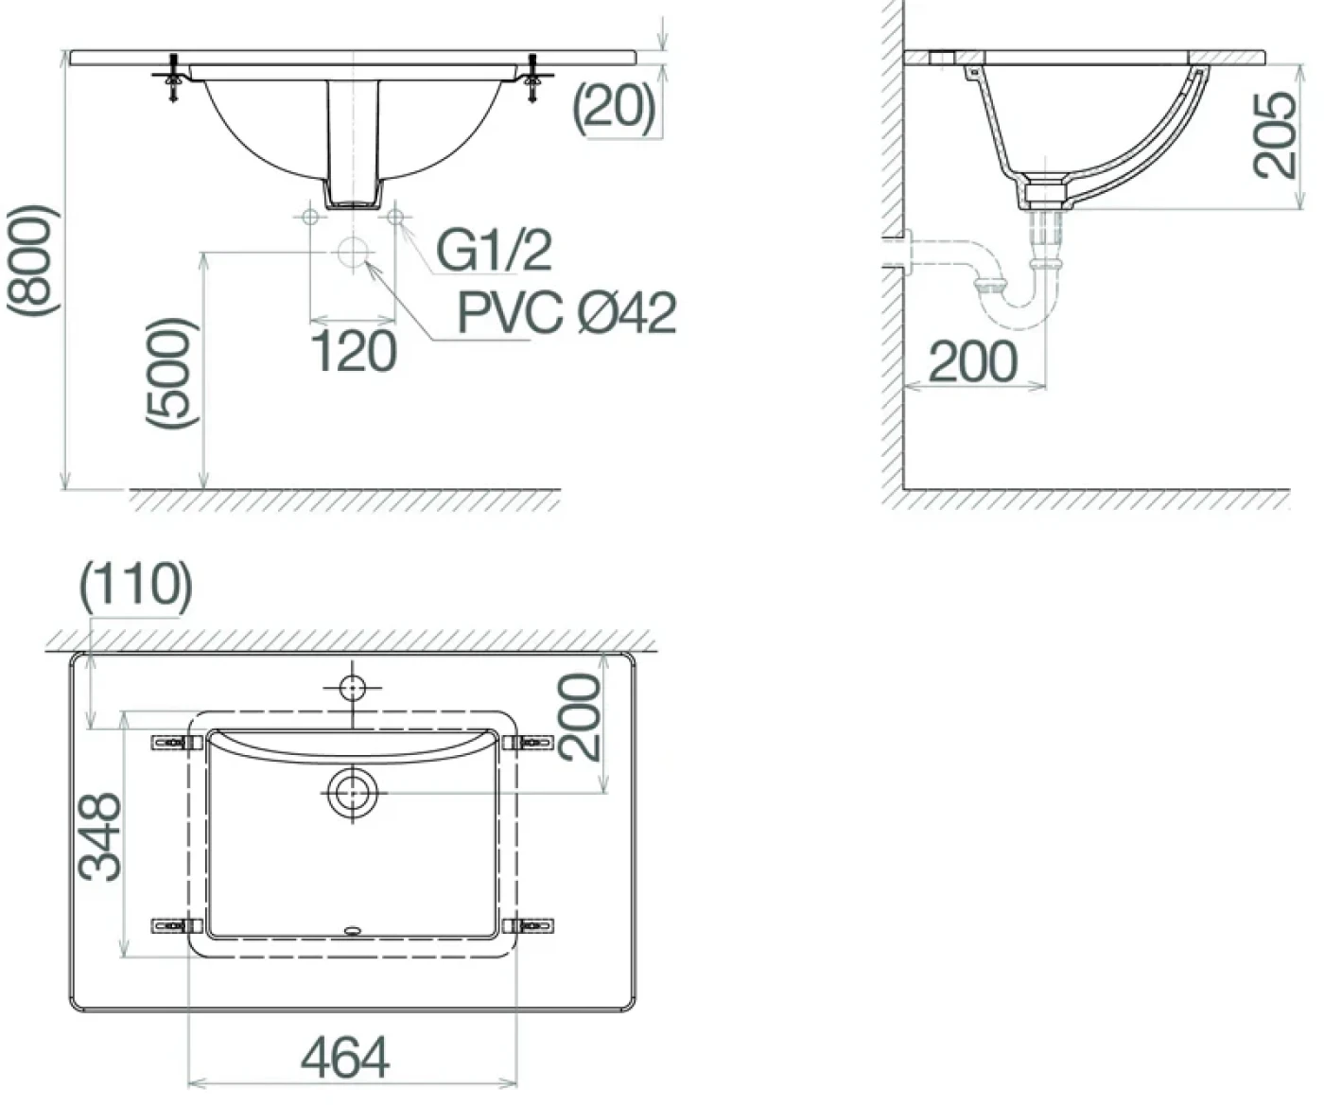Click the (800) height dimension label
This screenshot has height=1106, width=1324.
click(x=33, y=260)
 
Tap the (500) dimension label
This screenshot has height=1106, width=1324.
click(x=172, y=373)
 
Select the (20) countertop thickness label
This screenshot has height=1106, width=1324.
click(x=614, y=108)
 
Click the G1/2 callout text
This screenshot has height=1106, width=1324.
click(x=494, y=251)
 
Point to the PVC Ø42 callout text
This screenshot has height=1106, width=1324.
click(x=566, y=312)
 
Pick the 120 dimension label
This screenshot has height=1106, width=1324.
click(x=354, y=351)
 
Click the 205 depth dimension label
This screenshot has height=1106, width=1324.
click(x=1275, y=134)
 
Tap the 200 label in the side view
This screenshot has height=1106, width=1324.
click(x=973, y=361)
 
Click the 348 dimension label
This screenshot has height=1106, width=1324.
click(x=99, y=836)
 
